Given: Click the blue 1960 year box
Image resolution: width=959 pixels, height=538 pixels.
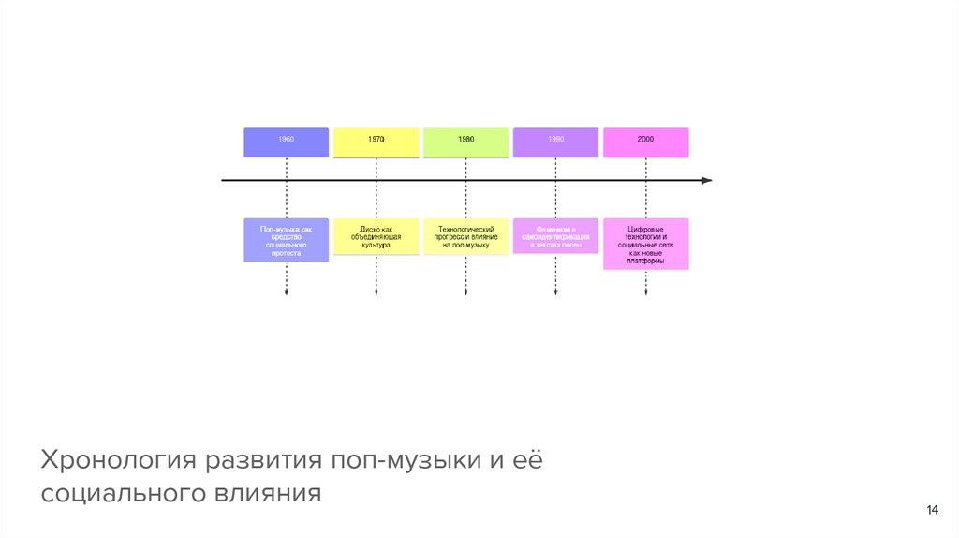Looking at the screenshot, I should tap(286, 142).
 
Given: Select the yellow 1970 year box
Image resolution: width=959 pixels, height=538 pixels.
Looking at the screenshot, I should tap(376, 142).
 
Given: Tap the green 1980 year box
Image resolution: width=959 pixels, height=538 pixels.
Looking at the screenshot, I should tap(465, 142).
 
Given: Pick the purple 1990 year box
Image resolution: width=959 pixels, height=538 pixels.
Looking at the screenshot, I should tap(555, 142).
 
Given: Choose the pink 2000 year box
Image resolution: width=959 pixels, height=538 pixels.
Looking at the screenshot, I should tap(645, 142).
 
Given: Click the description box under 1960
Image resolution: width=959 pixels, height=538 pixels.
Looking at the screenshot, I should tap(286, 240).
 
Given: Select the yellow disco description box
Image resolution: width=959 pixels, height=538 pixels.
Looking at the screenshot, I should tap(376, 237).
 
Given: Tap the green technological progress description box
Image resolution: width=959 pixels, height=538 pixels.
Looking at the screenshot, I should tap(465, 236).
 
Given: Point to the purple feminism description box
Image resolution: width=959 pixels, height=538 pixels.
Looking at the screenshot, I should tap(555, 236).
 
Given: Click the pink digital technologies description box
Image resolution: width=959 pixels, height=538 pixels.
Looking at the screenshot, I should tap(645, 245).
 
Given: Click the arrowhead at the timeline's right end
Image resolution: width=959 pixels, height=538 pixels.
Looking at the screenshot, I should tap(707, 180).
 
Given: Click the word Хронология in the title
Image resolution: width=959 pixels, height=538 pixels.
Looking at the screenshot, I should tap(116, 461).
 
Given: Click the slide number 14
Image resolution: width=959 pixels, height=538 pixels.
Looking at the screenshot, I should tap(932, 510).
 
